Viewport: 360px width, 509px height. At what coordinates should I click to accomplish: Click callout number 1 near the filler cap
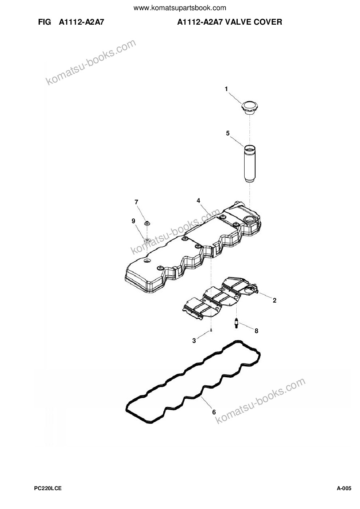click(226, 89)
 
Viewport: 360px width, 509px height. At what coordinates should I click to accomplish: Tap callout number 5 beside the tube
click(228, 133)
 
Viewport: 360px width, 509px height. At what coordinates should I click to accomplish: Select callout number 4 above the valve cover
click(199, 201)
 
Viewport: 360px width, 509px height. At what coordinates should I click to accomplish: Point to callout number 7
click(136, 202)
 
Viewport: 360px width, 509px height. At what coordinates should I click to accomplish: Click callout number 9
click(134, 221)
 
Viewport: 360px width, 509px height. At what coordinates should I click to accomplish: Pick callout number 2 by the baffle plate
click(275, 300)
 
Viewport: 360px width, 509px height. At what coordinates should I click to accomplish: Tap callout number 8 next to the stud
click(256, 331)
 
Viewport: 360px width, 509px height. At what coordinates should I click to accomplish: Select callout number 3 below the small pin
click(194, 341)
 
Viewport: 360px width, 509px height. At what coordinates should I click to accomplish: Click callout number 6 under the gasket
click(214, 412)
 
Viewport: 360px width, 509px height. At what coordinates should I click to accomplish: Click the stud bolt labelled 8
click(236, 323)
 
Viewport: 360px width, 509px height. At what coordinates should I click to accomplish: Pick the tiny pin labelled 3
click(211, 330)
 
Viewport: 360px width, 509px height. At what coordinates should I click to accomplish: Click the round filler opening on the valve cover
click(249, 219)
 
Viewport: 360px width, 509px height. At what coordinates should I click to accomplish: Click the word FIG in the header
click(45, 22)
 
